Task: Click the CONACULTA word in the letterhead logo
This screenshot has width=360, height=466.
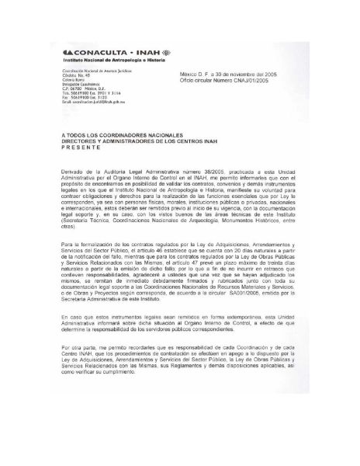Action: [98, 50]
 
